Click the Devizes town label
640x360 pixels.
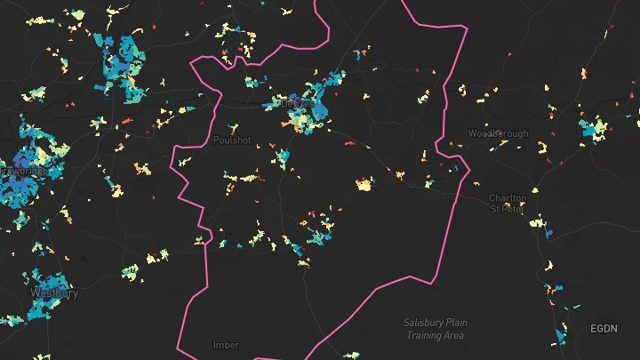(x=298, y=103)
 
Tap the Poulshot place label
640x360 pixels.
(x=232, y=140)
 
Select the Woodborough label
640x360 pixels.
(x=498, y=133)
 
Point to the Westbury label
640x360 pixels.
(x=54, y=292)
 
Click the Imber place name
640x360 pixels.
(x=226, y=345)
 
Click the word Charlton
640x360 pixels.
(x=508, y=198)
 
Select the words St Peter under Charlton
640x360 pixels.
(x=508, y=210)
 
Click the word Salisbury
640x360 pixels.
(x=422, y=323)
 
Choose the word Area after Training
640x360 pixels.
(x=454, y=335)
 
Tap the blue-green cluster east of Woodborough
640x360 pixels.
(x=592, y=128)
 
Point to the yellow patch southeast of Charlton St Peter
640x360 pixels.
(x=535, y=223)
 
